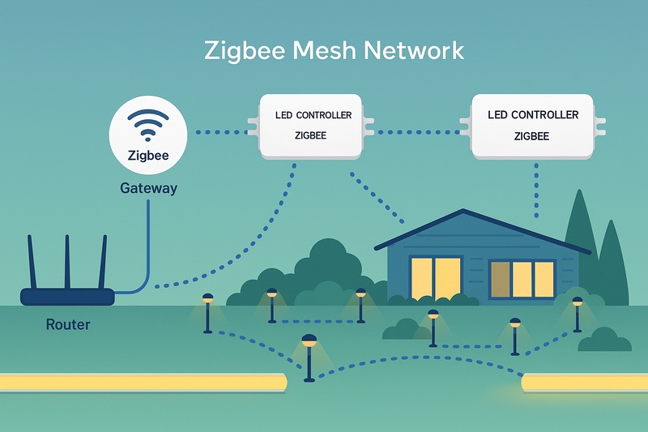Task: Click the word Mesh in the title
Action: click(x=308, y=51)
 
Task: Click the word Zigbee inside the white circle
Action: click(x=148, y=156)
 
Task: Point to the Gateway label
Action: click(x=148, y=188)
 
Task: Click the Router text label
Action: click(x=68, y=325)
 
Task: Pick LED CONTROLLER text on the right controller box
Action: click(x=533, y=115)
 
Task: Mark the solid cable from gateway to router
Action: click(x=147, y=243)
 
